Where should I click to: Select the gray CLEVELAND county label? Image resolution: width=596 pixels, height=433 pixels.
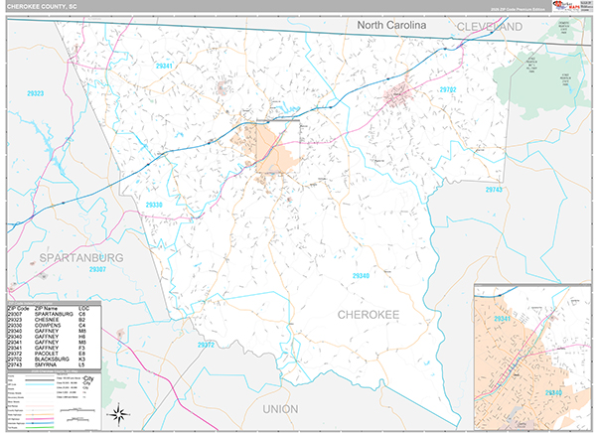point(490,27)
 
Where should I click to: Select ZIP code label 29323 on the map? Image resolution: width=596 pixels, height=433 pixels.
point(36,92)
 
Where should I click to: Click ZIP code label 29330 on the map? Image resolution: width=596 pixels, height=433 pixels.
point(154,205)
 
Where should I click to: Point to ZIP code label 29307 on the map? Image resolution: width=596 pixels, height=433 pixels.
point(97,269)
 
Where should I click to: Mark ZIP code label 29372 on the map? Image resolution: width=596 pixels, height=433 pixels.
point(206,345)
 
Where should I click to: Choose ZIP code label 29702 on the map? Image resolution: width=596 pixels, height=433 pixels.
point(448,89)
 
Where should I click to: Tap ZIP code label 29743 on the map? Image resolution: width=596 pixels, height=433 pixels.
point(495,189)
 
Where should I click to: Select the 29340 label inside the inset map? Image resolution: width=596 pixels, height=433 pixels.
point(554,392)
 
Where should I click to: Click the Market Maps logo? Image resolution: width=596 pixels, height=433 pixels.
point(573,9)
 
